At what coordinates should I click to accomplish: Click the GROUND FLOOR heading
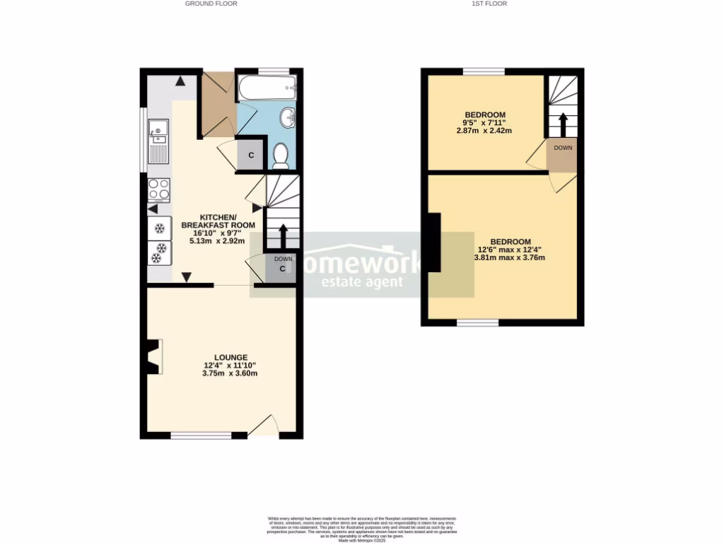coord(211,4)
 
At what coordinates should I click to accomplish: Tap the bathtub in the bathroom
coord(267,88)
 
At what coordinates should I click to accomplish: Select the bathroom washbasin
coord(288,117)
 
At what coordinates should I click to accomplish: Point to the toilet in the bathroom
coord(281,156)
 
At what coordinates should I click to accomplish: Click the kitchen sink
coord(158,141)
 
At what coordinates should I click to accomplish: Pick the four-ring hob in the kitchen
coord(158,189)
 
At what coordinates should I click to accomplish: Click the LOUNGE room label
coord(231,357)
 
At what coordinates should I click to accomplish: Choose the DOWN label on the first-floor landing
coord(563,148)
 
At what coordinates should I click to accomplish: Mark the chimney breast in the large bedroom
coord(431,243)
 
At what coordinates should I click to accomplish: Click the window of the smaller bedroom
coord(484,71)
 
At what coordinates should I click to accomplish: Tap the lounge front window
coord(202,436)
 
